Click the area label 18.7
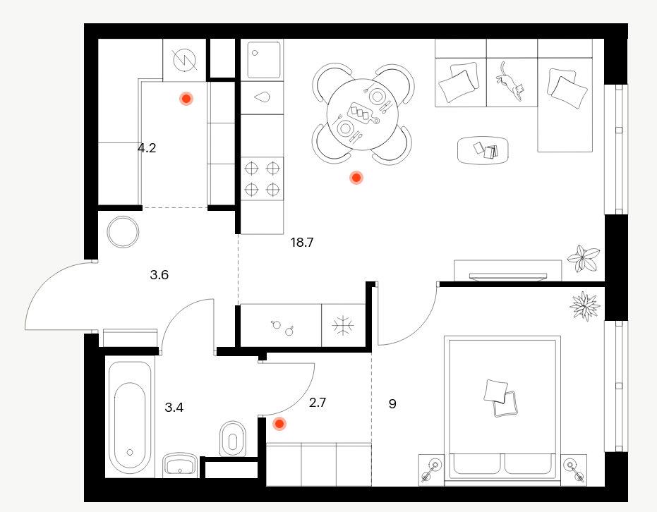tap(302, 243)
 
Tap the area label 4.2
tap(147, 148)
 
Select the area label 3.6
tap(159, 275)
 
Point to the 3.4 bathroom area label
tap(174, 408)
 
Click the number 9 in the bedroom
tap(392, 404)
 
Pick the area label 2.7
tap(317, 403)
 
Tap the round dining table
tap(363, 114)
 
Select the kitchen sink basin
tap(263, 60)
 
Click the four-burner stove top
tap(262, 178)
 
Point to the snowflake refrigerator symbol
tap(343, 325)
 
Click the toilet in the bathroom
tap(233, 439)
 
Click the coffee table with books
tap(483, 150)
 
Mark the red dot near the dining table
tap(356, 178)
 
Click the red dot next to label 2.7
tap(279, 424)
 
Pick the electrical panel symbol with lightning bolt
tap(185, 60)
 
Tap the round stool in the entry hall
tap(123, 232)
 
